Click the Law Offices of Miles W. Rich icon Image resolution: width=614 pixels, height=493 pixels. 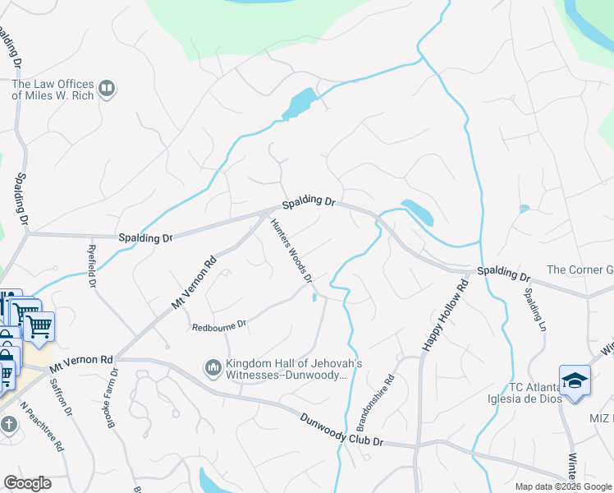(107, 89)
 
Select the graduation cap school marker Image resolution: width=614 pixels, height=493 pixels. (575, 380)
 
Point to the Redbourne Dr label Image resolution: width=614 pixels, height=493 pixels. (219, 325)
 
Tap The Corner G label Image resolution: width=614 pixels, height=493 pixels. (580, 270)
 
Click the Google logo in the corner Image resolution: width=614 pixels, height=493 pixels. (27, 483)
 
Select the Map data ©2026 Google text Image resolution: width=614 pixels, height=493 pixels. (562, 486)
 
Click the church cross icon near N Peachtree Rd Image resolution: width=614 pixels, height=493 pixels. (8, 425)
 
